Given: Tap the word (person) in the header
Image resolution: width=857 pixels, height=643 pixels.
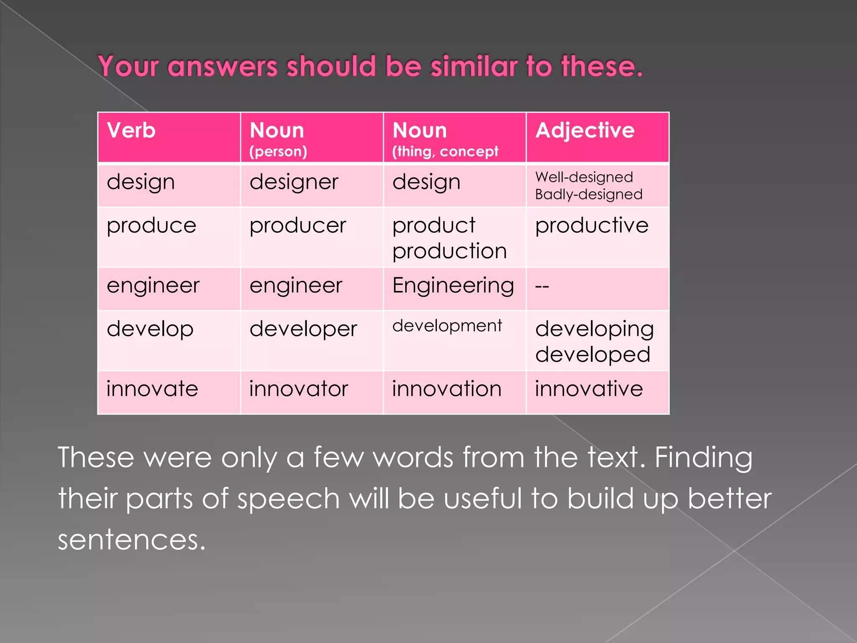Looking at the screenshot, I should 278,152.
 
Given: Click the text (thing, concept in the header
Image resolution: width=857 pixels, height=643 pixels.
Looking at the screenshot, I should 445,152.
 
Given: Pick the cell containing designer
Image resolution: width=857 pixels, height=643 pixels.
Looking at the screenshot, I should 294,183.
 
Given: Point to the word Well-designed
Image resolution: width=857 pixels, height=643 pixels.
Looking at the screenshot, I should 584,177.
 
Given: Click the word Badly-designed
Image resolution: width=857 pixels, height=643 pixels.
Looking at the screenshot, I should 588,195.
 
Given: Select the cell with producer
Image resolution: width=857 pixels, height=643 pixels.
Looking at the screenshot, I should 298,226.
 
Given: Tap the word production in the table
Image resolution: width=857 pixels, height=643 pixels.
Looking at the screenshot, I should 449,252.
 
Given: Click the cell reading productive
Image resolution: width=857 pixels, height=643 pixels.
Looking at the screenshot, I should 592,226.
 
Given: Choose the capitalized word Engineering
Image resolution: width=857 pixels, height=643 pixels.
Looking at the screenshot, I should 453,286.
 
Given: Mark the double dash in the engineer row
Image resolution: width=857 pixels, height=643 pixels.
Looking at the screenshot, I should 542,287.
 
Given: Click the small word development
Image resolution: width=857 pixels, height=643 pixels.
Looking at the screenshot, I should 447,326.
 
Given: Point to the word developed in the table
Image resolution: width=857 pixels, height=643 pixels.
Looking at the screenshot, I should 593,355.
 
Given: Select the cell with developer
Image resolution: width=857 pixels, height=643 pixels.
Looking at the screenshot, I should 303,329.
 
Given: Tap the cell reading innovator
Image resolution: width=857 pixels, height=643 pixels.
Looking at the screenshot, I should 298,389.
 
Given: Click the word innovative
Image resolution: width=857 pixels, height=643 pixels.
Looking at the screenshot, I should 589,389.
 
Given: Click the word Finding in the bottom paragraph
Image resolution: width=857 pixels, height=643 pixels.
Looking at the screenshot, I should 703,458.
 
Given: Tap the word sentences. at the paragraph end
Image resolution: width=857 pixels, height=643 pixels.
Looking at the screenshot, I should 132,540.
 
